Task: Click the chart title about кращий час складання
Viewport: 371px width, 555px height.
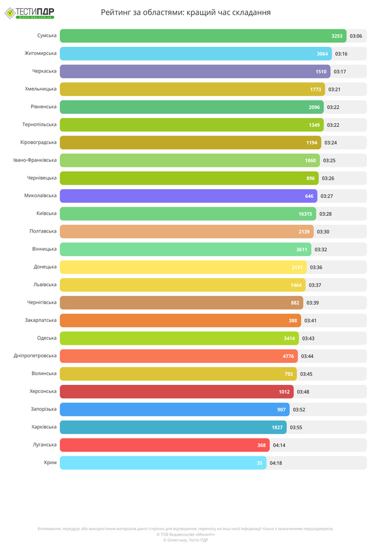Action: pos(185,12)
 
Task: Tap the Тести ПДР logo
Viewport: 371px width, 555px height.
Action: pos(29,13)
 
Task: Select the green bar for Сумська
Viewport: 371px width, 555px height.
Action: pos(195,36)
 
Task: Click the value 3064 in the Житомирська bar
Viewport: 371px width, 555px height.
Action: pos(322,54)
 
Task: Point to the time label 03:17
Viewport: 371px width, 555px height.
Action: pos(340,72)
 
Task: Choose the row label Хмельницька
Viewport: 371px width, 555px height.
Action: pos(41,89)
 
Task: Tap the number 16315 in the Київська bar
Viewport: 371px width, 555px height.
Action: pos(305,214)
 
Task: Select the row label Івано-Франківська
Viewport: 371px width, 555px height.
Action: pos(35,160)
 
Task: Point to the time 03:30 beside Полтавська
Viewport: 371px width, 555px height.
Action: pos(323,231)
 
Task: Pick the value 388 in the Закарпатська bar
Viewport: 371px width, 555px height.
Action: pos(293,320)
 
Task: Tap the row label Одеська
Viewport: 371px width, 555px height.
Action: pos(47,338)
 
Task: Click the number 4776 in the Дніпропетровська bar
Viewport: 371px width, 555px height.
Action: pos(289,356)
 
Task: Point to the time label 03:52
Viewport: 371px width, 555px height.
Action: pos(299,409)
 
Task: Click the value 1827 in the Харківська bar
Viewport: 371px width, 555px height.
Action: pos(277,427)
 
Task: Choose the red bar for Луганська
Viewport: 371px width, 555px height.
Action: pos(157,445)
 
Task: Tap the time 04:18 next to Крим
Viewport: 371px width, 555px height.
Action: pos(276,463)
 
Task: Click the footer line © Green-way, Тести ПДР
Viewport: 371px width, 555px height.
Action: pos(185,540)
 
